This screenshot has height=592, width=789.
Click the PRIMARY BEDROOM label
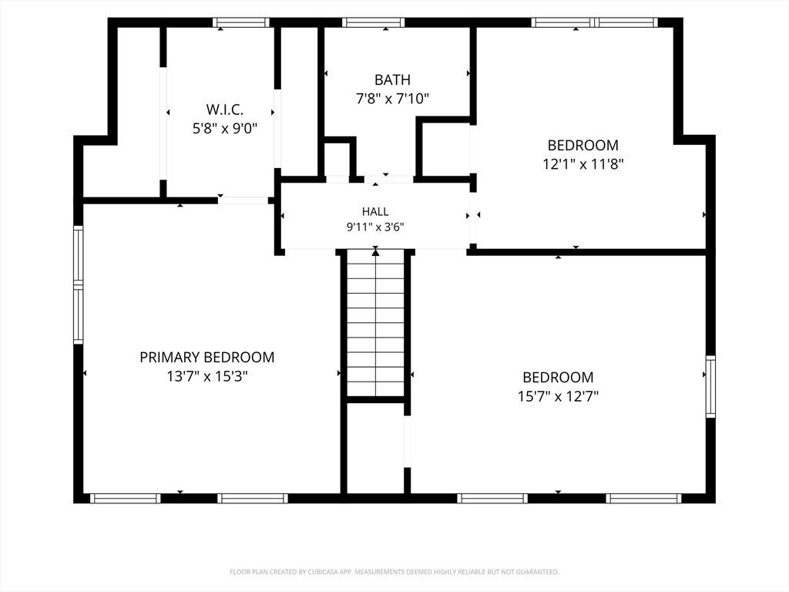(x=206, y=358)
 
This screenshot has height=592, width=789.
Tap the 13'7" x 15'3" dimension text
(x=207, y=376)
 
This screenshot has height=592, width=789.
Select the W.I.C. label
(x=224, y=109)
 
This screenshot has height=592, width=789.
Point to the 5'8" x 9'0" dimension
(x=224, y=129)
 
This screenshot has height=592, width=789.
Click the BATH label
(x=392, y=79)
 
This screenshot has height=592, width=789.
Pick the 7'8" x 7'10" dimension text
(x=392, y=99)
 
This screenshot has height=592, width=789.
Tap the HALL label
(x=375, y=211)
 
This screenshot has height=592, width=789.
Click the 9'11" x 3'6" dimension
(x=375, y=227)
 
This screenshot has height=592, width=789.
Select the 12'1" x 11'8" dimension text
(x=583, y=164)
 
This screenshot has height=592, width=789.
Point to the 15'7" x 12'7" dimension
(x=558, y=397)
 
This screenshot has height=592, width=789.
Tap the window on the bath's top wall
(x=374, y=22)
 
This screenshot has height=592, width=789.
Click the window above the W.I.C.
(x=241, y=22)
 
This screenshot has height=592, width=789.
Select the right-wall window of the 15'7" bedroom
(x=710, y=387)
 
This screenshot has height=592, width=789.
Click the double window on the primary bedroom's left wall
(x=79, y=285)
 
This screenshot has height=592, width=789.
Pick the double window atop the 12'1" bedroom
(x=594, y=22)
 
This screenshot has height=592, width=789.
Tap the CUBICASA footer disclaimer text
(x=394, y=572)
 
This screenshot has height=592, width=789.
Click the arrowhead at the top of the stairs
(x=375, y=252)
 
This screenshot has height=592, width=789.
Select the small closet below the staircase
(x=375, y=448)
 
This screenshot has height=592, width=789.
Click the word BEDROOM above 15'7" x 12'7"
(x=558, y=378)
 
